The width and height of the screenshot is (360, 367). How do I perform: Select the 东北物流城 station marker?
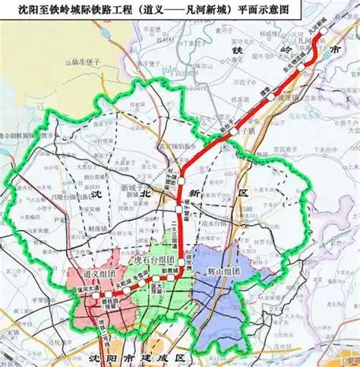[x=302, y=67]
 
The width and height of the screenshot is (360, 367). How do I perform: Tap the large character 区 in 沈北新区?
[x=245, y=196]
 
